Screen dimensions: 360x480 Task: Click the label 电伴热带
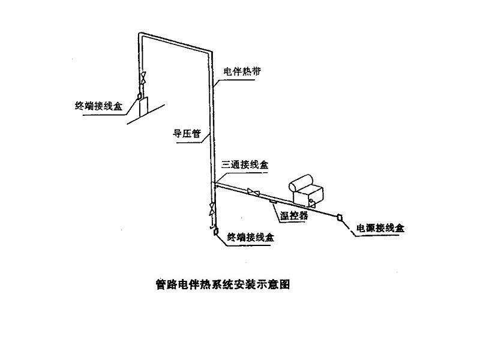tap(239, 71)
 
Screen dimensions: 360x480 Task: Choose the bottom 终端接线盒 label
tap(253, 238)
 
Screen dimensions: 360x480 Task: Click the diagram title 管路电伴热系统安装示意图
tap(223, 284)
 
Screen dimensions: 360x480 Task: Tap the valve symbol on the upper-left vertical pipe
tap(143, 79)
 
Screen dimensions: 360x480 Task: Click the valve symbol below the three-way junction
tap(212, 209)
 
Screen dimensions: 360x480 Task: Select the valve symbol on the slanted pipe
tap(255, 193)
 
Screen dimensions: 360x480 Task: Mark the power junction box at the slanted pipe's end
tap(340, 218)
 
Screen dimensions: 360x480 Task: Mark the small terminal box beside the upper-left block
tap(139, 95)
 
